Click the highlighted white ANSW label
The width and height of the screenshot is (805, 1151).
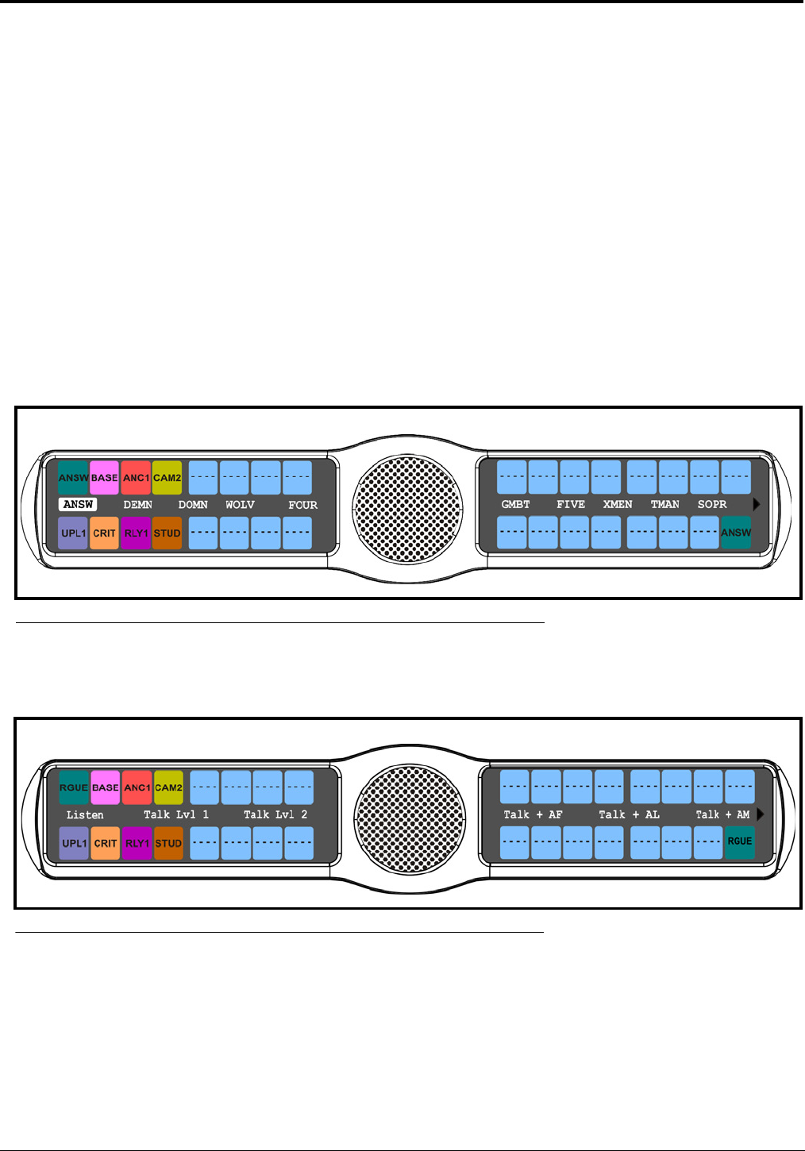[x=78, y=505]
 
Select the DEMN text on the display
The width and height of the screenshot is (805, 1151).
[x=137, y=505]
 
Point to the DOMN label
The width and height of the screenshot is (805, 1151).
[x=193, y=505]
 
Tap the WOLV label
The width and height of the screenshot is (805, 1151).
[x=240, y=505]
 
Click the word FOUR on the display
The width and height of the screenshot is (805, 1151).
[x=302, y=505]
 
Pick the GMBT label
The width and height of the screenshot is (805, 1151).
[x=515, y=504]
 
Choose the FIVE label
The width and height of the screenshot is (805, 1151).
[x=571, y=504]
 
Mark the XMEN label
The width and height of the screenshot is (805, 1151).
[x=618, y=504]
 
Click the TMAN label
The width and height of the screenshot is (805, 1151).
[x=665, y=504]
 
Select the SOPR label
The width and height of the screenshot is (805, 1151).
[x=712, y=504]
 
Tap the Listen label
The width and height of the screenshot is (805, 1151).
[x=85, y=814]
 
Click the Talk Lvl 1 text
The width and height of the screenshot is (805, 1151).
[x=176, y=814]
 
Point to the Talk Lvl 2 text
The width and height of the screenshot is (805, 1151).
[x=275, y=814]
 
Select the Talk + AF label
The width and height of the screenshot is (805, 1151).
[x=533, y=814]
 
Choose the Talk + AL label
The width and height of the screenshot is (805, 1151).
[x=629, y=814]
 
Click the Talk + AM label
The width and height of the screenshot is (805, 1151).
[x=722, y=814]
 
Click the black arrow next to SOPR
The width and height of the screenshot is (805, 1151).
[x=757, y=504]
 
